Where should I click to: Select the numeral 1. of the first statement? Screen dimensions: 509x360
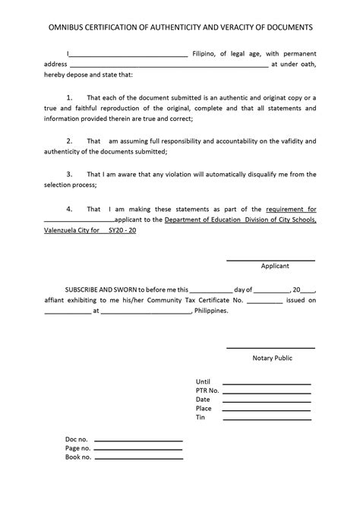point(69,98)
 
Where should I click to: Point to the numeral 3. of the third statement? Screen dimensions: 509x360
point(69,173)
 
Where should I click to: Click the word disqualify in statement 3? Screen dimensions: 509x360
point(264,173)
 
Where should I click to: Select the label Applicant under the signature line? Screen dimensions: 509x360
point(274,267)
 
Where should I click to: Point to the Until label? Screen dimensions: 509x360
point(203,381)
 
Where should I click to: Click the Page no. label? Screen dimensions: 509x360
point(78,448)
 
